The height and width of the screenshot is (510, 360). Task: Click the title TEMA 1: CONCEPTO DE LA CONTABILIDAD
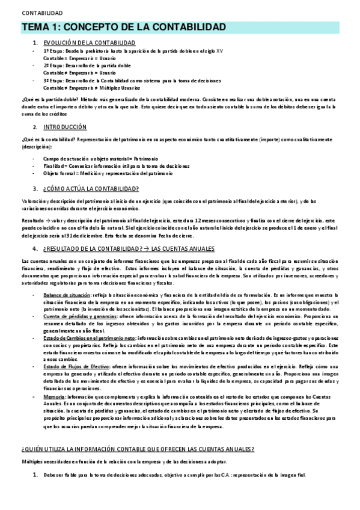[x=124, y=28]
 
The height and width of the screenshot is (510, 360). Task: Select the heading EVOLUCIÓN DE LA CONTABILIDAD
[x=88, y=42]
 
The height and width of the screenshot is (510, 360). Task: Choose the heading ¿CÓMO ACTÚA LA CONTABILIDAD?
[x=91, y=188]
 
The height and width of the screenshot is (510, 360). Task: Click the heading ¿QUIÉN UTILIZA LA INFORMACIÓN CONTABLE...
[x=138, y=449]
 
